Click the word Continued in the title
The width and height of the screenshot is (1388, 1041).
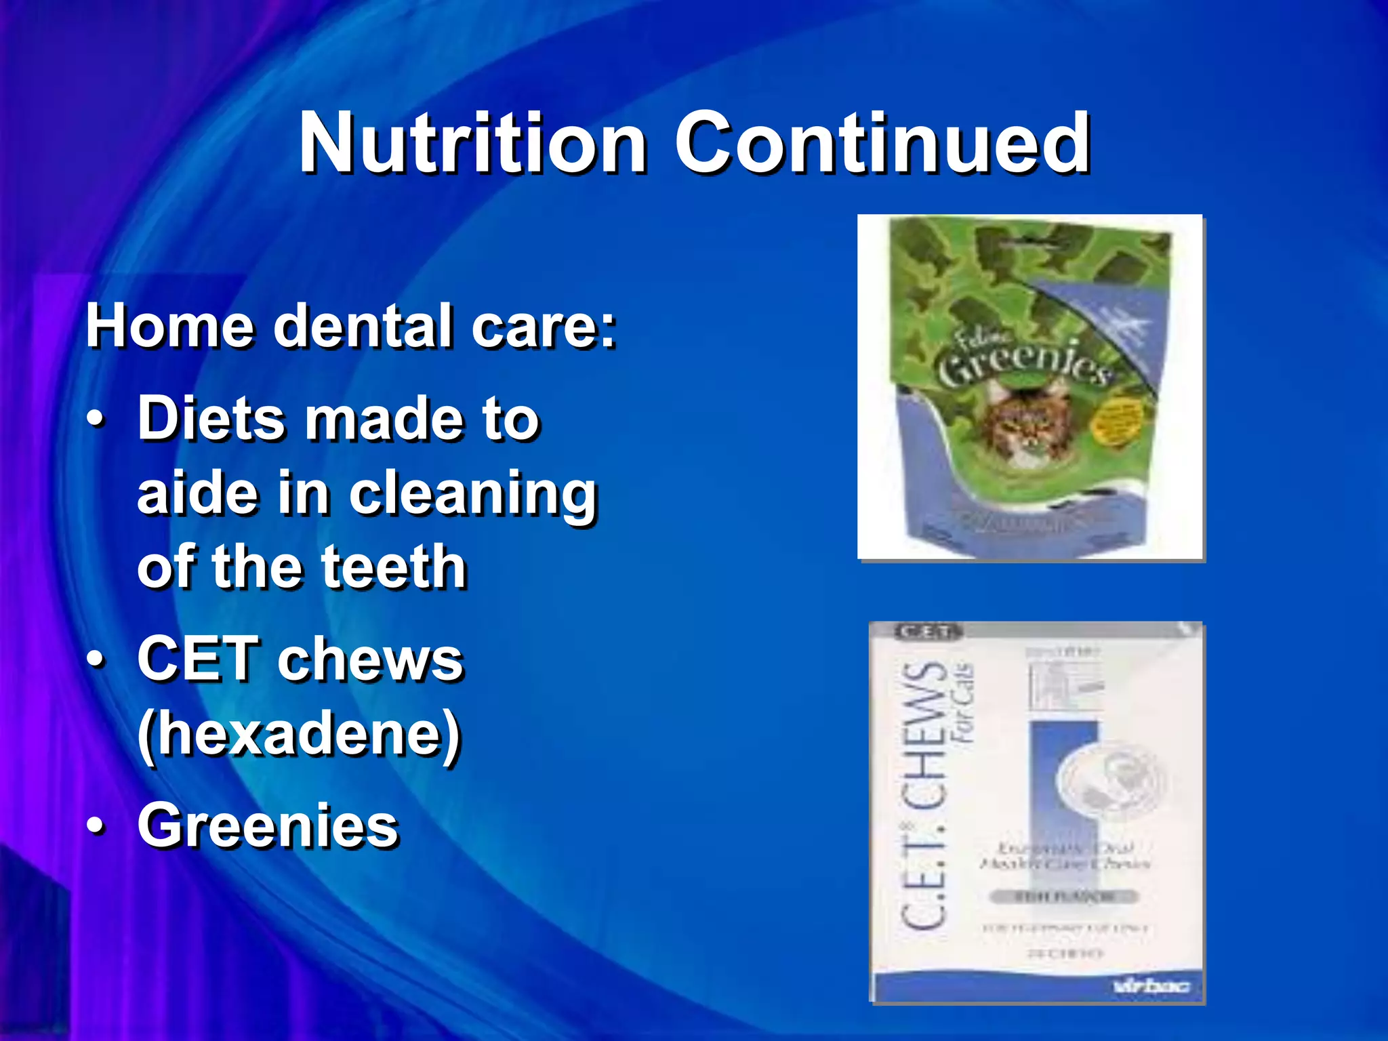(881, 143)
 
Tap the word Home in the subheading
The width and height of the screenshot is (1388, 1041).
(169, 327)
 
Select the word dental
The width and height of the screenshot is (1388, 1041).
(363, 327)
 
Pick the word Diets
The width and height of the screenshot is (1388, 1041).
(211, 419)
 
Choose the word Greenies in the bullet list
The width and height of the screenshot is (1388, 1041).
(268, 825)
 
